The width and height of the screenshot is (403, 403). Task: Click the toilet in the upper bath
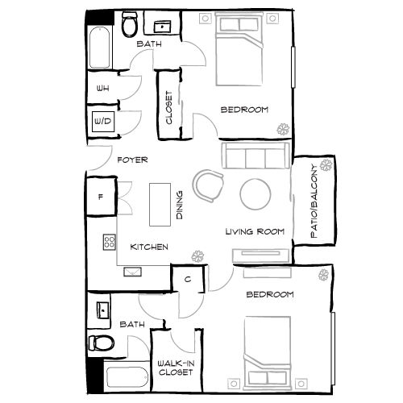[128, 27]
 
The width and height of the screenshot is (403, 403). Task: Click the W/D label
[103, 121]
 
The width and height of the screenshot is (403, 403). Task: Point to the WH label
[103, 89]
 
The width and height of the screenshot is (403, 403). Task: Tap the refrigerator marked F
[101, 196]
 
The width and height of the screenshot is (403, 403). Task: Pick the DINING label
[180, 205]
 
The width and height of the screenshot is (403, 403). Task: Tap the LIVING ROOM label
[256, 232]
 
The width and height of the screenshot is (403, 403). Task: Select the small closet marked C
[186, 279]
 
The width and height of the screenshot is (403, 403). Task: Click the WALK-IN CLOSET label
[175, 368]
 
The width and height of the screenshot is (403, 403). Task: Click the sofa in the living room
[255, 155]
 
